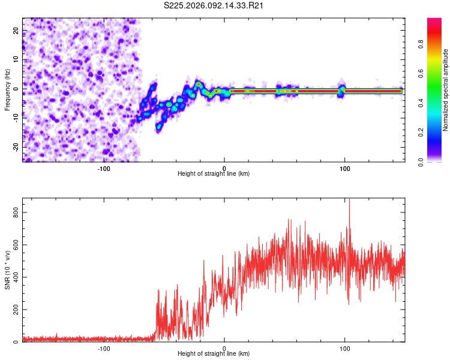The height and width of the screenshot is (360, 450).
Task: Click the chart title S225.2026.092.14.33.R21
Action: tap(214, 5)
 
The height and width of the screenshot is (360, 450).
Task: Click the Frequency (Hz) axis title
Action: tap(7, 89)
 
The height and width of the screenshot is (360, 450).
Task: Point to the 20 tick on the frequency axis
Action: tap(16, 31)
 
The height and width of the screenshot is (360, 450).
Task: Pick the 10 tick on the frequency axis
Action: tap(16, 60)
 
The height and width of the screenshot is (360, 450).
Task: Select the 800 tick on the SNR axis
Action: tap(13, 212)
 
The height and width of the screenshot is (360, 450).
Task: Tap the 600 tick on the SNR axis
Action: tap(13, 244)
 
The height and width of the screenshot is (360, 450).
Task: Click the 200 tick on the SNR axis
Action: tap(13, 310)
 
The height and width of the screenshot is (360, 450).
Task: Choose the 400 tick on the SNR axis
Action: tap(13, 277)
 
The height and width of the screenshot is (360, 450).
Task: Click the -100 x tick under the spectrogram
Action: tap(104, 168)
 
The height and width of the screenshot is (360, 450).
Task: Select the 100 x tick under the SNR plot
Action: tap(344, 349)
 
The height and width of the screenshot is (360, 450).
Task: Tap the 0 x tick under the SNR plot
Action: tap(224, 349)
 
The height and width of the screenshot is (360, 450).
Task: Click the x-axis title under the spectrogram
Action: tap(214, 174)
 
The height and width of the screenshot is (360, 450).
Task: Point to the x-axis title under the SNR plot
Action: tap(214, 355)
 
